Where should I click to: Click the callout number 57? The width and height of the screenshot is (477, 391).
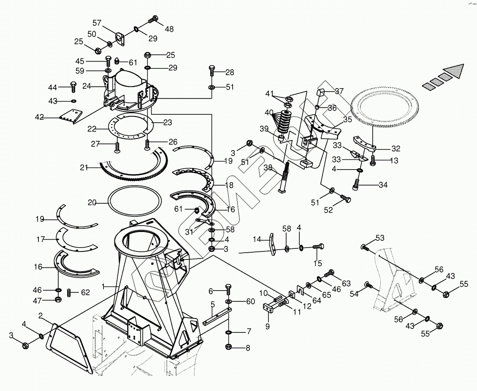pos(97,23)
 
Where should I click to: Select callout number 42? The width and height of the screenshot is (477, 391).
pos(39,118)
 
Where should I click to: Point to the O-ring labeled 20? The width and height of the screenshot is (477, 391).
pos(135,203)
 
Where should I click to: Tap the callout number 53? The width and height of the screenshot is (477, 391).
pos(380,238)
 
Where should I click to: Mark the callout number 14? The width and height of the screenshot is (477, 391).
pos(257,240)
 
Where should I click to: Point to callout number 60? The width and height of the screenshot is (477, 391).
pos(251,301)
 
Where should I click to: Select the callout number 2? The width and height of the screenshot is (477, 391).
pos(40,316)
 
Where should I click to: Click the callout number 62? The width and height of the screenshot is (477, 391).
pos(85,292)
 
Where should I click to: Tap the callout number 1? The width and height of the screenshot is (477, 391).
pos(103,286)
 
